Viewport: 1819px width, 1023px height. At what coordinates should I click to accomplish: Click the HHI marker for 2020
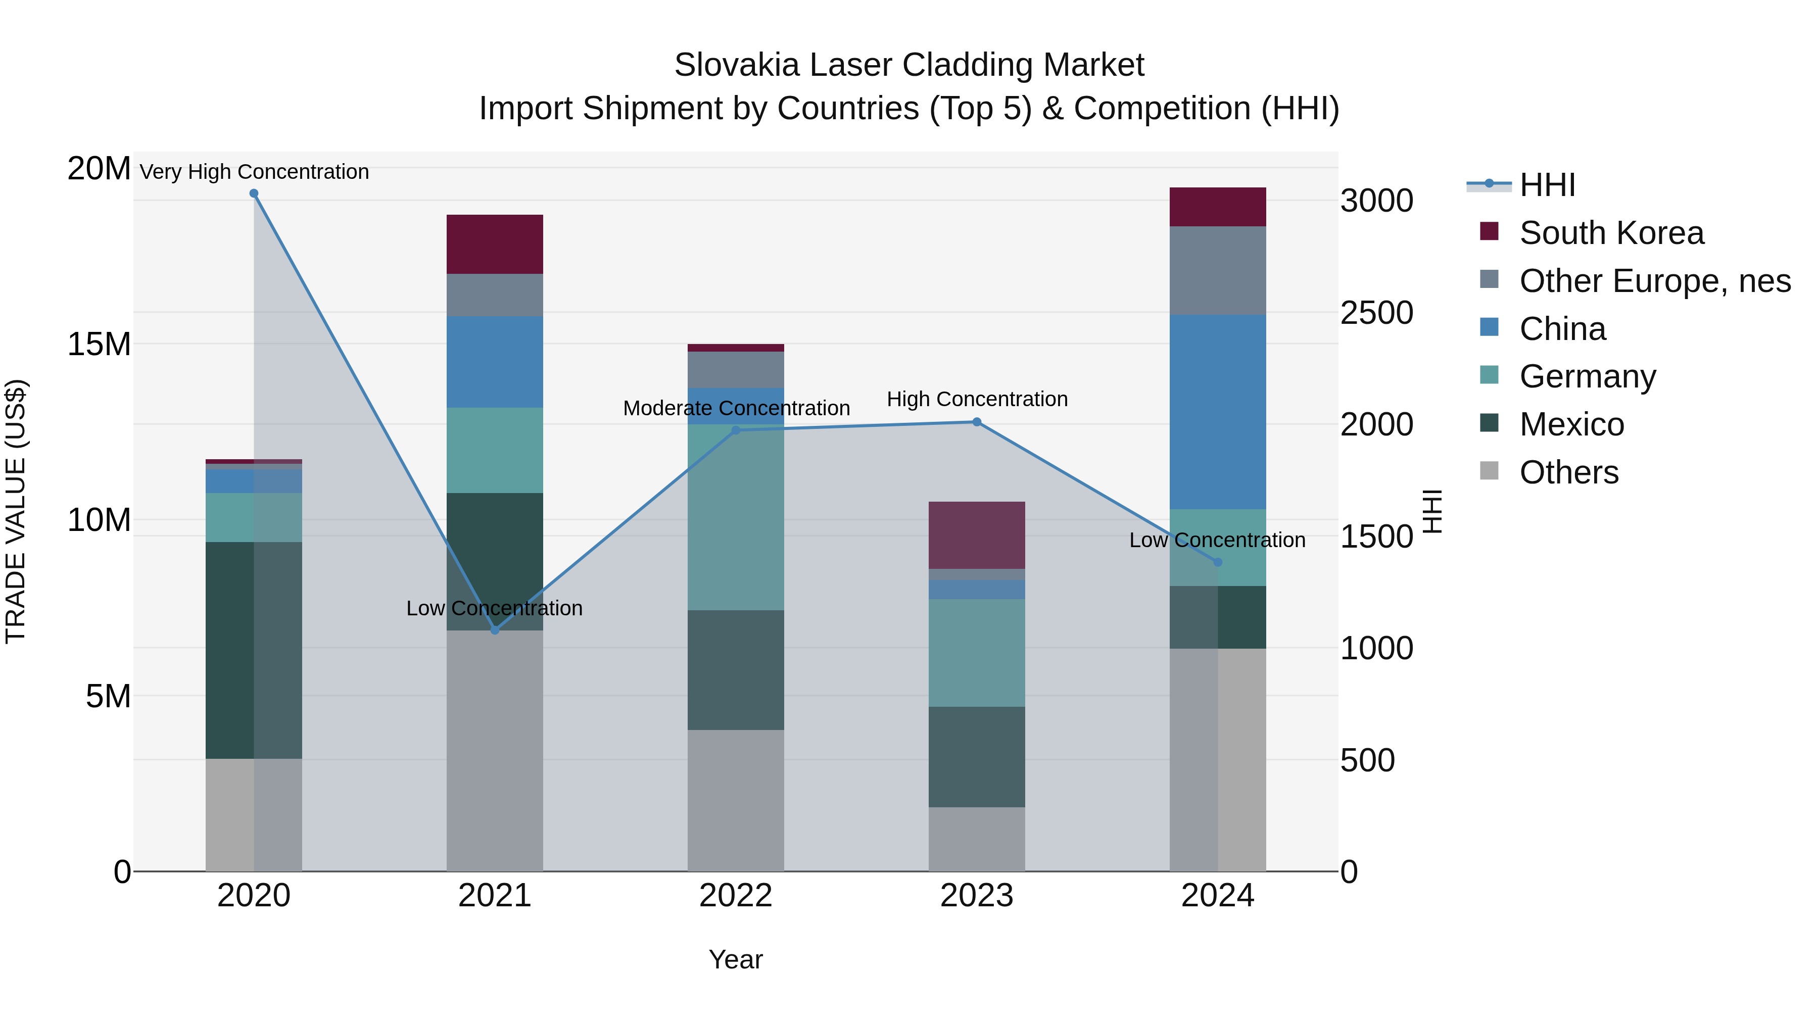[x=254, y=193]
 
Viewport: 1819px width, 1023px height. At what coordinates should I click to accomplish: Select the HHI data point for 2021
[x=495, y=630]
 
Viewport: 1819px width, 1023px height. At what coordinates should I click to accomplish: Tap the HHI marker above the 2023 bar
[x=977, y=422]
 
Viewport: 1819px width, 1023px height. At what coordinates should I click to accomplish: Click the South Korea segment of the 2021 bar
[x=495, y=245]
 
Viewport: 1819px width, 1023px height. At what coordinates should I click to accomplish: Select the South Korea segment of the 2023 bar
[x=977, y=535]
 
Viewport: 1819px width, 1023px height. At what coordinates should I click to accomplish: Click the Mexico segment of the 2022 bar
[x=736, y=669]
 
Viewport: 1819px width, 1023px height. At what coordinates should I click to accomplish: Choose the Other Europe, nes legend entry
[x=1654, y=281]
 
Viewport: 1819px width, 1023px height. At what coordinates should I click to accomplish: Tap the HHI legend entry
[x=1547, y=185]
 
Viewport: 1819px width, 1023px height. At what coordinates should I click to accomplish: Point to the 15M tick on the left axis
[x=99, y=345]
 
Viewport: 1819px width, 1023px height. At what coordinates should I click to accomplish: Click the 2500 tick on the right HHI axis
[x=1376, y=313]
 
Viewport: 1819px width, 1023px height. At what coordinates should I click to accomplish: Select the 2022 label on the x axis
[x=736, y=896]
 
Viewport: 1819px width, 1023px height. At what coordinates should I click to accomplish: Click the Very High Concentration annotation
[x=254, y=172]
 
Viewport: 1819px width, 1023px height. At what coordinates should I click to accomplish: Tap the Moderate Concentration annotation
[x=736, y=408]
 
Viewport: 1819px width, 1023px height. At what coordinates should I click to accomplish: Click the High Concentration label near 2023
[x=977, y=399]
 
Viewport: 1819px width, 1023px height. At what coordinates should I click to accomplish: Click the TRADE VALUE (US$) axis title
[x=16, y=511]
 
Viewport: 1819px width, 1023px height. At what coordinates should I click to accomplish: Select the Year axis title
[x=736, y=959]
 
